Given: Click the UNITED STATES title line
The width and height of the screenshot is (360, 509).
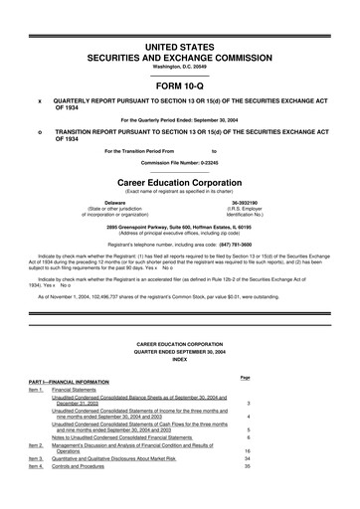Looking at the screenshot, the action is coord(179,47).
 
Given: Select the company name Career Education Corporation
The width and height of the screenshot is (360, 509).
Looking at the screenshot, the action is coord(179,184).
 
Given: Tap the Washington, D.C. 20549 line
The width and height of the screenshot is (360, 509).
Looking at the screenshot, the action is coord(179,66).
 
